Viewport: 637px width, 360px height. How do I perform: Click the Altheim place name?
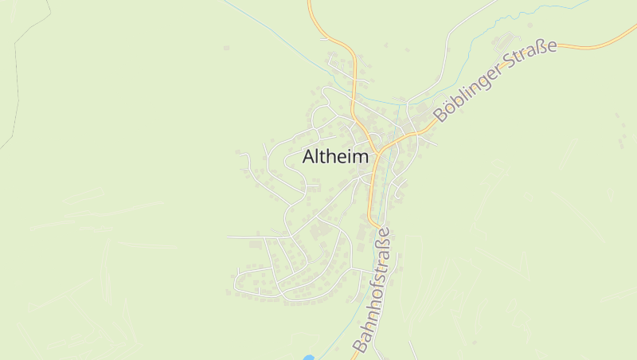coord(335,157)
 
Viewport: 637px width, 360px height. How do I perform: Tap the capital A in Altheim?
coord(309,158)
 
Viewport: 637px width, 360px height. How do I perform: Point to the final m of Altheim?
coord(361,158)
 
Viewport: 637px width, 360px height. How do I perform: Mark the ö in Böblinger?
coord(448,108)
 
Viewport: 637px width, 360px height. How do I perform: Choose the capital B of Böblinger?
coord(440,114)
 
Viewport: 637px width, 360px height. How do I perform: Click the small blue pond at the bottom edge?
coord(309,357)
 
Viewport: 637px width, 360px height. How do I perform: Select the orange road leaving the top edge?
coord(311,6)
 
